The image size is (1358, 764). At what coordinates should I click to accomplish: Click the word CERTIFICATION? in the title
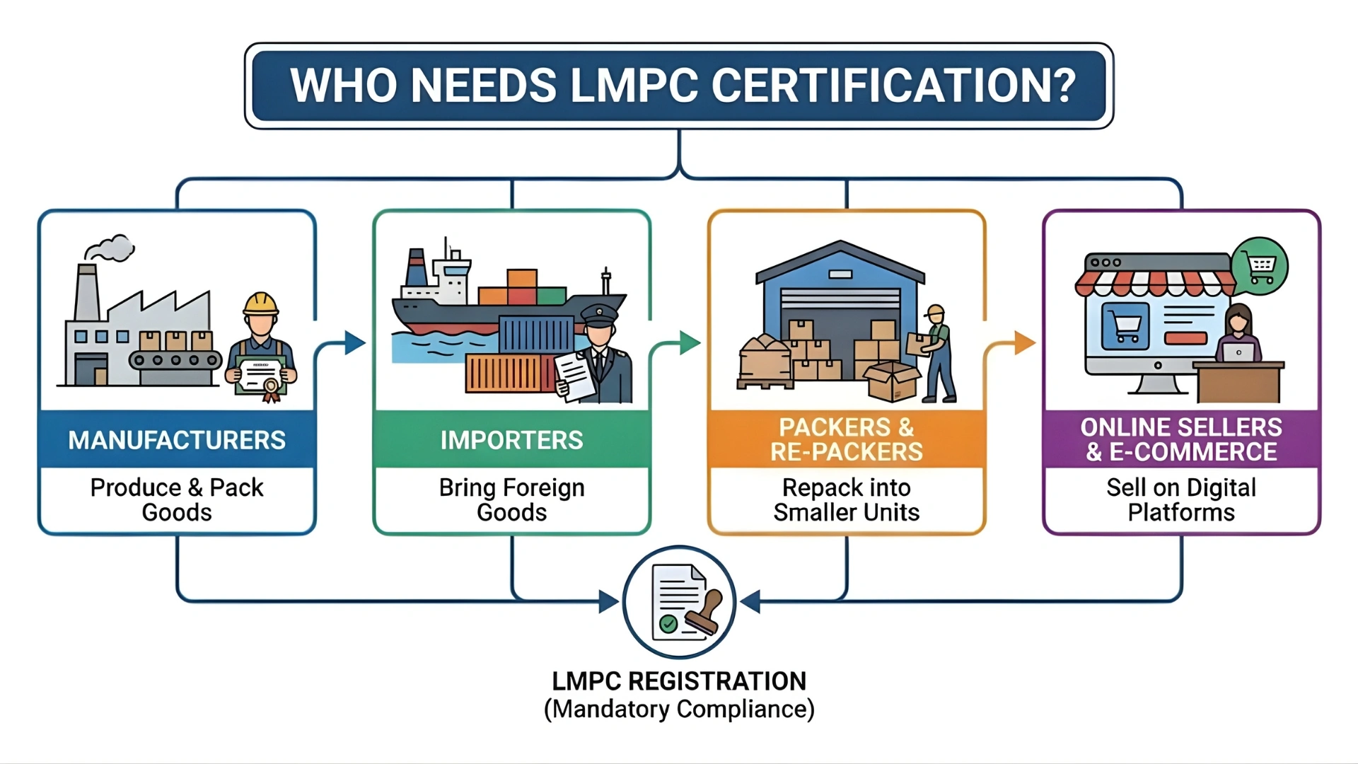point(893,86)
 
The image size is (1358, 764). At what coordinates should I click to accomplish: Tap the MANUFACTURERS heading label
point(177,440)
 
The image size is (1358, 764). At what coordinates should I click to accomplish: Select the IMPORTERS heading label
point(511,440)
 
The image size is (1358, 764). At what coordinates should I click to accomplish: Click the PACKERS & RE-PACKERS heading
point(847,439)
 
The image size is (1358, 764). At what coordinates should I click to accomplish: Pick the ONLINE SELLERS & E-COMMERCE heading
point(1181,439)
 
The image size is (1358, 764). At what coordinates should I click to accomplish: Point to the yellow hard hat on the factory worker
point(260,303)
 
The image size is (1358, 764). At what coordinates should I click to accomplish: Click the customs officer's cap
point(600,315)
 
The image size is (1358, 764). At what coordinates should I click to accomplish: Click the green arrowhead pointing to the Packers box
point(689,343)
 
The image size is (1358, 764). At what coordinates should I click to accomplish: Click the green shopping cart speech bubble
point(1260,267)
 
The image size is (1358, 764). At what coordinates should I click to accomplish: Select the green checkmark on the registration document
point(668,624)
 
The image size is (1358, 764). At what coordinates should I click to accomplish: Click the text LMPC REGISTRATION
point(679,681)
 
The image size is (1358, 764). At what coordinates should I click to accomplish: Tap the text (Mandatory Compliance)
point(679,709)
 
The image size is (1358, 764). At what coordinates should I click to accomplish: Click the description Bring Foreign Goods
point(511,499)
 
